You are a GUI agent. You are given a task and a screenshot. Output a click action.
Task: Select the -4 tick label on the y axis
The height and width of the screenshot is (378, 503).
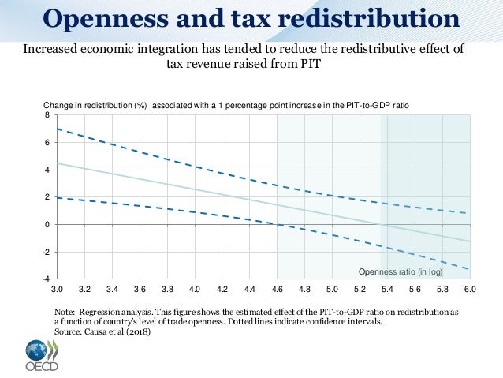(47, 279)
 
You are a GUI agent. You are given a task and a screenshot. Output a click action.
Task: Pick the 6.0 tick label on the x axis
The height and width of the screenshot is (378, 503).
(470, 290)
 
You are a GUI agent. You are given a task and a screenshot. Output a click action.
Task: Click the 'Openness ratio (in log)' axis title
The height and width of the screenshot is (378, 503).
(401, 272)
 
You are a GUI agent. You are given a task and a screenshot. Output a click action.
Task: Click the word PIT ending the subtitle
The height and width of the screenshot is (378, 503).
(308, 65)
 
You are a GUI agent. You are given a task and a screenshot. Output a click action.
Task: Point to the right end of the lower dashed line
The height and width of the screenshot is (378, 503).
(469, 269)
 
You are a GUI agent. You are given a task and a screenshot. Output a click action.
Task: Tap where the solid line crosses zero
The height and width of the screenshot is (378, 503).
(382, 225)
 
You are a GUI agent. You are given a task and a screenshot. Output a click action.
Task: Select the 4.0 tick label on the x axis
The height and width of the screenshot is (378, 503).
(196, 290)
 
